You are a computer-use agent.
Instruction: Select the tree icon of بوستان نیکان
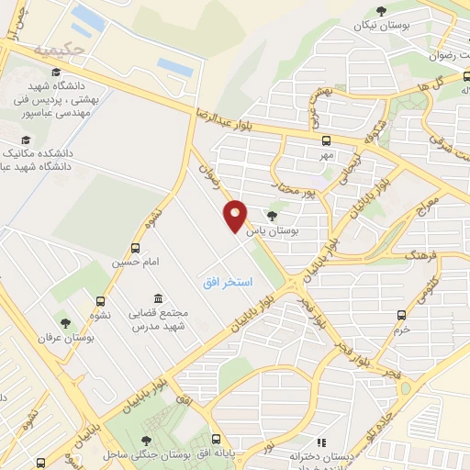(x=380, y=10)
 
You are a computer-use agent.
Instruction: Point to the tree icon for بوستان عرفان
(x=65, y=322)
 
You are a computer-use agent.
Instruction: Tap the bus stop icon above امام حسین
(x=136, y=248)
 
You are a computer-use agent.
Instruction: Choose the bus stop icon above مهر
(x=325, y=140)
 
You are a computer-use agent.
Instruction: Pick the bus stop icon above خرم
(x=402, y=315)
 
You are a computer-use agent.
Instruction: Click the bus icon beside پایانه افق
(x=216, y=440)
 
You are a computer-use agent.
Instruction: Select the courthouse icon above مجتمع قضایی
(x=159, y=299)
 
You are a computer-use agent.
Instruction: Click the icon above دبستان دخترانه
(x=320, y=442)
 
